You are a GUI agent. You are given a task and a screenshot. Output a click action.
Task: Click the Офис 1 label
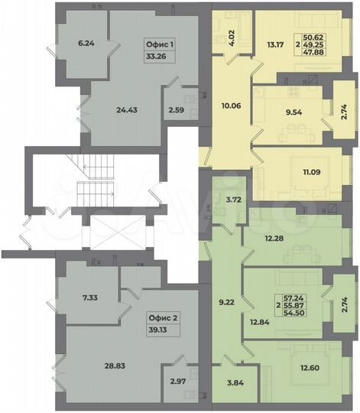point(161,45)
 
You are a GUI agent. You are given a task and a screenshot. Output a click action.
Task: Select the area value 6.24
point(87,44)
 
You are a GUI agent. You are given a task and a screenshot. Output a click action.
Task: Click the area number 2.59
point(176,117)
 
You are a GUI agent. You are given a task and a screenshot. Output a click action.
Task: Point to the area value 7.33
point(90,297)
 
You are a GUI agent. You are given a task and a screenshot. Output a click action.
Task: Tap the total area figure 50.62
point(332,36)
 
